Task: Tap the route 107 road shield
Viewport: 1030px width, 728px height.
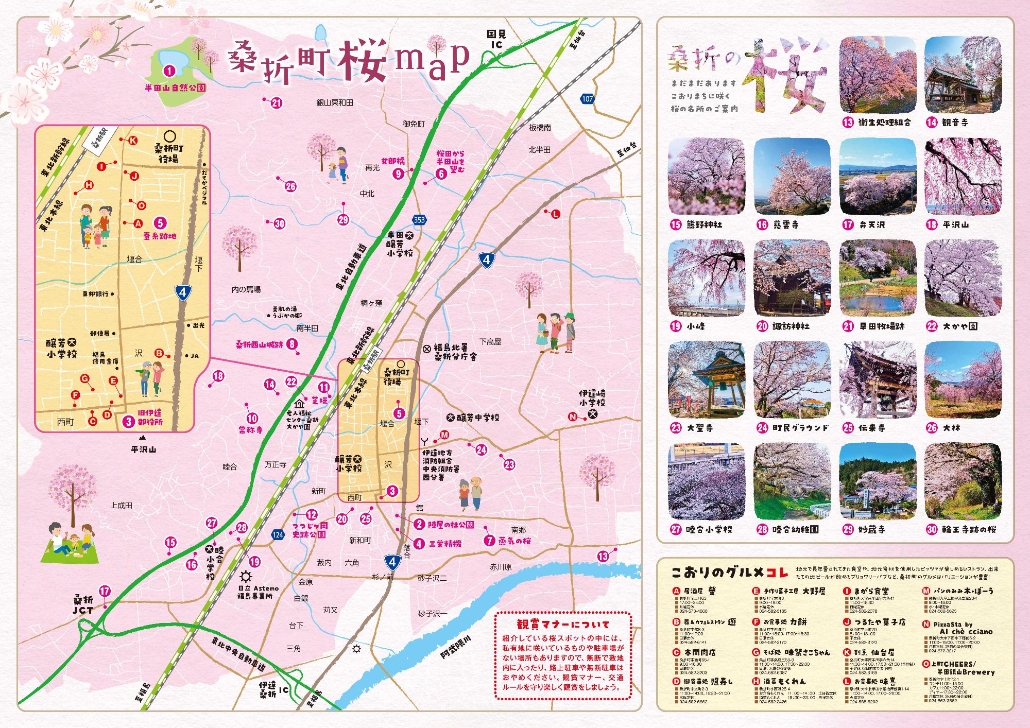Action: [x=587, y=99]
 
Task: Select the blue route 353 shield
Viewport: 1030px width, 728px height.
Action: [x=420, y=220]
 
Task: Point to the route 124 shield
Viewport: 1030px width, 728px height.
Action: [x=278, y=535]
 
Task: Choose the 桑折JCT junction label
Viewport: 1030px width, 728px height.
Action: [x=83, y=605]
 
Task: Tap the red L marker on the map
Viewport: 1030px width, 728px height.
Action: [x=555, y=215]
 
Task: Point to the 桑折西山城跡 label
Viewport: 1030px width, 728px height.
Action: [x=260, y=344]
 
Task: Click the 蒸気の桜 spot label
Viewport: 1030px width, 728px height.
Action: [x=513, y=541]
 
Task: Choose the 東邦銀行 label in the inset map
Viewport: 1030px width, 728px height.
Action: [x=96, y=294]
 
